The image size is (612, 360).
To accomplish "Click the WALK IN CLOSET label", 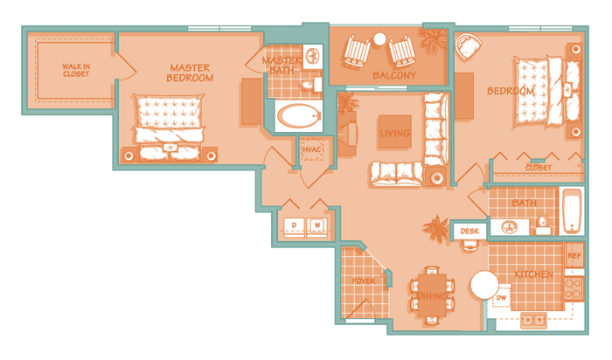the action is click(x=76, y=70).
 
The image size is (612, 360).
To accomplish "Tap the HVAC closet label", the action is click(x=312, y=149).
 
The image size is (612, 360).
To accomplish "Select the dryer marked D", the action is click(x=294, y=226).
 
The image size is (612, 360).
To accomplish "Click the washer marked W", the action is click(x=316, y=226).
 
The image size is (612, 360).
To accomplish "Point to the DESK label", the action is click(x=469, y=232).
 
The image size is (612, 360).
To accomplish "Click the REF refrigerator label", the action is click(x=574, y=256).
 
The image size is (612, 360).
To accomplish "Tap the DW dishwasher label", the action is click(x=502, y=298).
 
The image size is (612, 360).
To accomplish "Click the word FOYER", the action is click(x=364, y=281).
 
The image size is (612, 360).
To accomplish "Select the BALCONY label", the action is click(x=394, y=75).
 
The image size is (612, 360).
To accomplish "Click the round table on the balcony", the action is click(x=379, y=39).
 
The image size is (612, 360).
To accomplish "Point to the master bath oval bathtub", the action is click(x=299, y=116).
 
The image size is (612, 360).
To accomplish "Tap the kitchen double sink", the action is click(x=533, y=320).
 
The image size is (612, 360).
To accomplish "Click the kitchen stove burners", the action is click(x=574, y=288).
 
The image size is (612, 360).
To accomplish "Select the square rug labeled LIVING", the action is click(x=394, y=132).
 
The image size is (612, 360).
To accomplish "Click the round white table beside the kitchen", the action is click(x=484, y=285).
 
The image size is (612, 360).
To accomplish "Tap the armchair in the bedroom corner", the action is click(x=468, y=46).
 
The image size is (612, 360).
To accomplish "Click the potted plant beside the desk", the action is click(x=436, y=228).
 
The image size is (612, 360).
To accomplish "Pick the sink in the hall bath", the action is click(x=509, y=226).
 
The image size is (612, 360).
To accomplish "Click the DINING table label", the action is click(x=432, y=296).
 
